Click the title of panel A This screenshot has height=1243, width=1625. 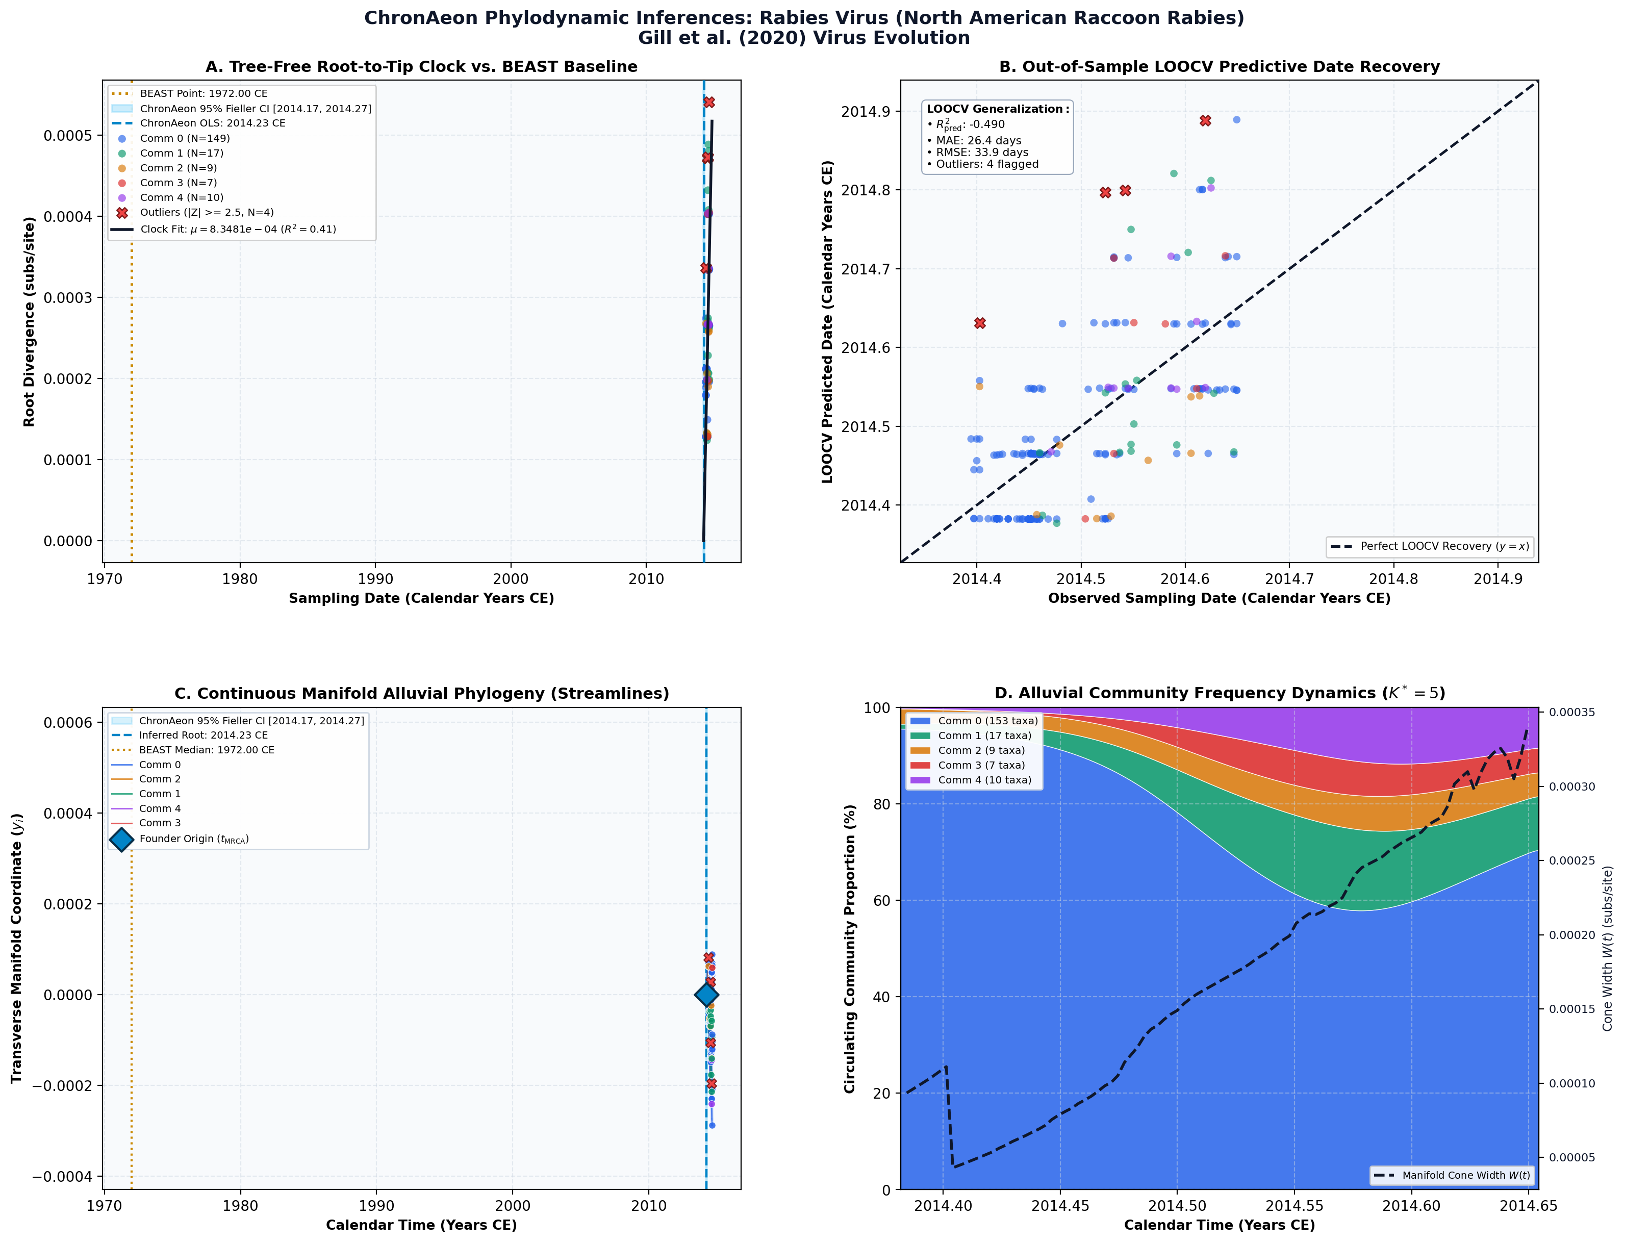(421, 67)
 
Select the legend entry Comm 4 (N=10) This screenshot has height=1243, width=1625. (181, 197)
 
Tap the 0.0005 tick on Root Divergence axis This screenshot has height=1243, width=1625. (68, 135)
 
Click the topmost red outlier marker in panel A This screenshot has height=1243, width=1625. (709, 102)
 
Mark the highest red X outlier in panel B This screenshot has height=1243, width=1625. (1205, 120)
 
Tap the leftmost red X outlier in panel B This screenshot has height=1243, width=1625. (980, 323)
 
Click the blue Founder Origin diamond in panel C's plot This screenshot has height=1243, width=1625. (706, 995)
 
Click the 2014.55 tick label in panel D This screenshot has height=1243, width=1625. (1294, 1206)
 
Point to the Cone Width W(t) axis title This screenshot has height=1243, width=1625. (1607, 949)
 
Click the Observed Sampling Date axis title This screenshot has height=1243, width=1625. (1219, 598)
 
